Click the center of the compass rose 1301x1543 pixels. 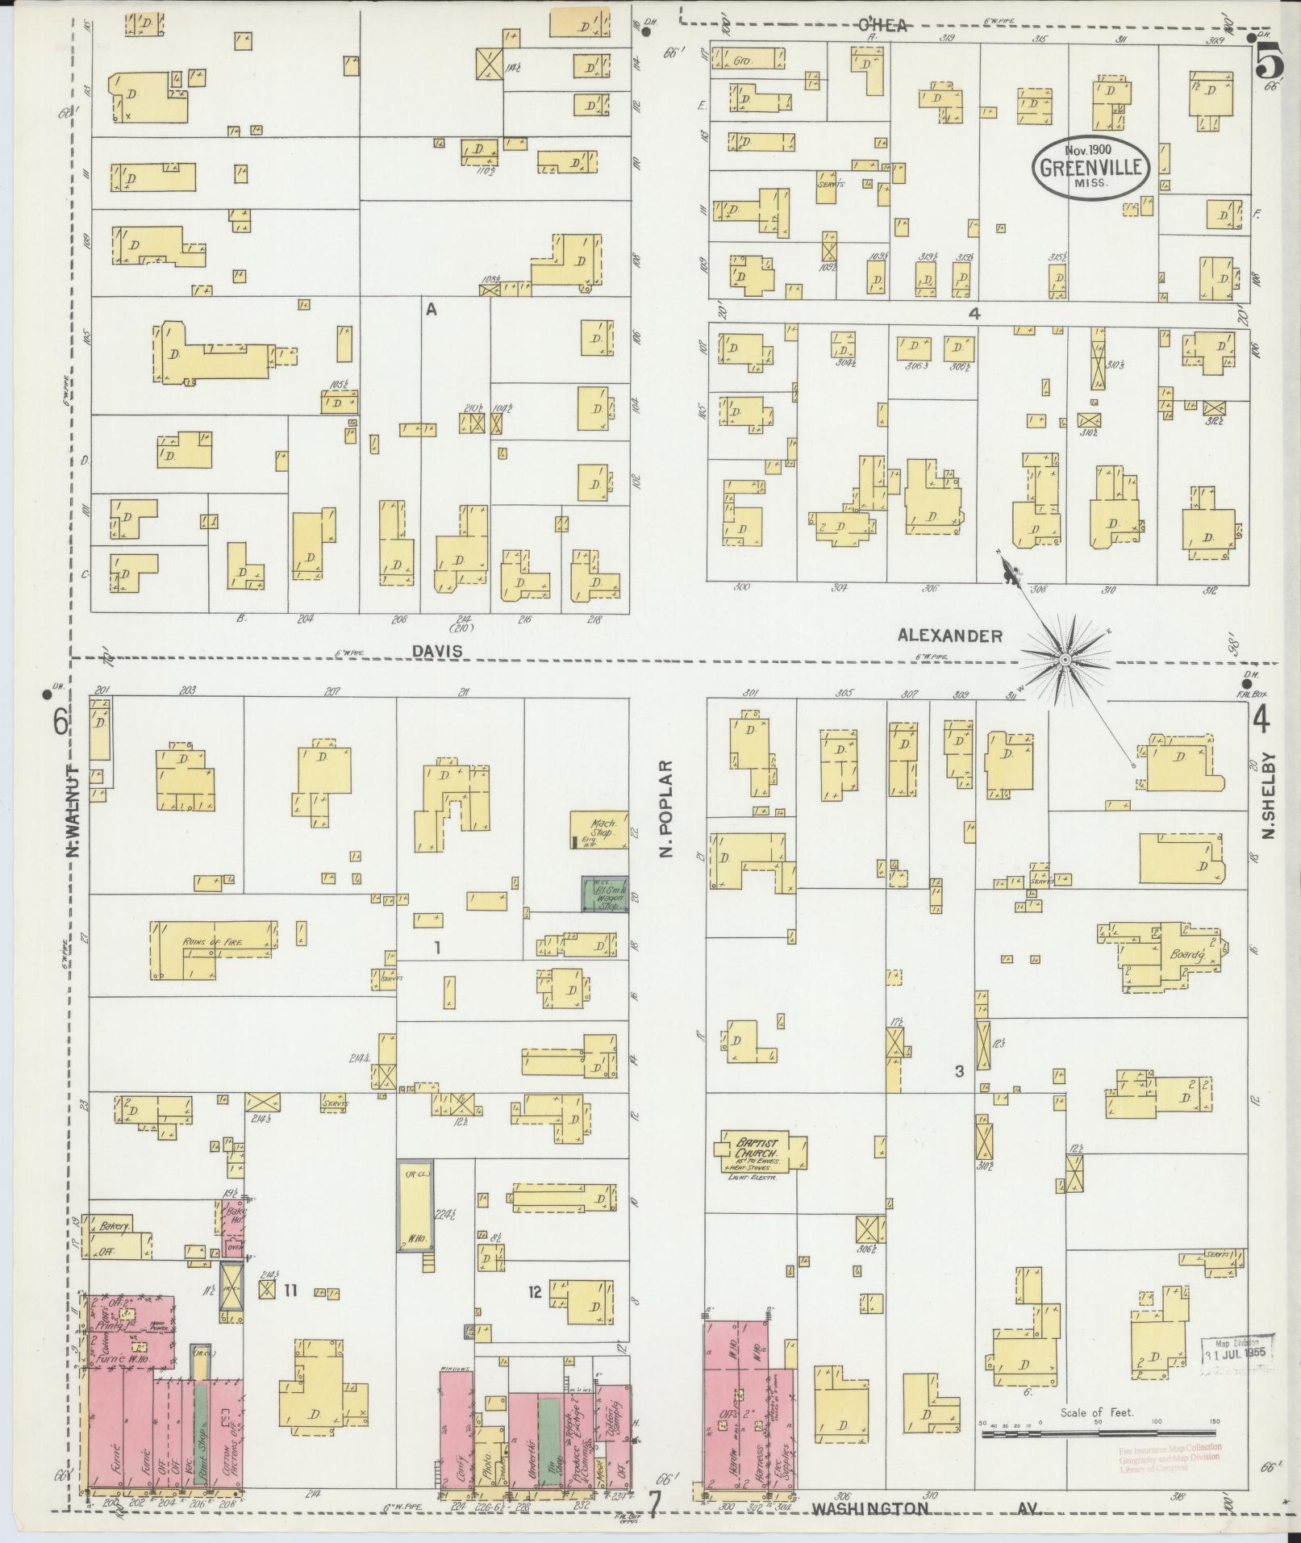point(1064,660)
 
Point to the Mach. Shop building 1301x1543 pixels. point(599,830)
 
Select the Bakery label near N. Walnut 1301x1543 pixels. point(115,1249)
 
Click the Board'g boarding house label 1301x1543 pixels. point(1186,956)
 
